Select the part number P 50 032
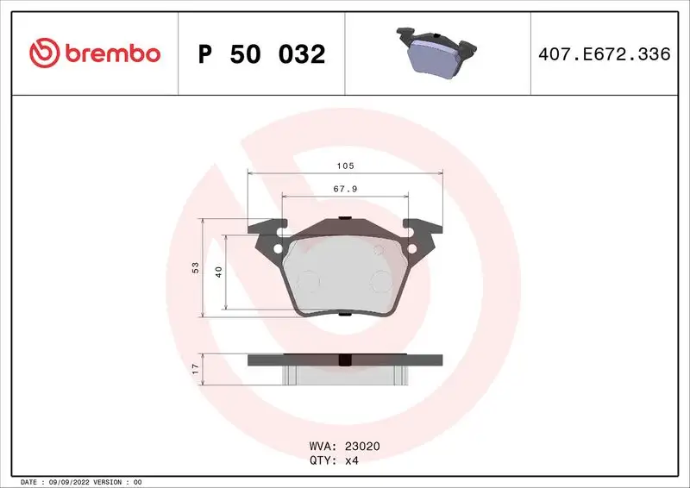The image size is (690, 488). pyautogui.click(x=261, y=54)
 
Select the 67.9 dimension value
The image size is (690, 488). pyautogui.click(x=345, y=190)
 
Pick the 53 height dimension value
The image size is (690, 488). pyautogui.click(x=196, y=268)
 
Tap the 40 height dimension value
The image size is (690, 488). pyautogui.click(x=219, y=272)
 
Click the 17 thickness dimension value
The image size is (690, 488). pyautogui.click(x=196, y=368)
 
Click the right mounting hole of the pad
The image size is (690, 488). pyautogui.click(x=412, y=251)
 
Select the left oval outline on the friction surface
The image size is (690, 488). pyautogui.click(x=306, y=279)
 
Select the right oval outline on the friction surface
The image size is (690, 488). pyautogui.click(x=381, y=279)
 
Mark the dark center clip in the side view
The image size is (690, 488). pyautogui.click(x=345, y=360)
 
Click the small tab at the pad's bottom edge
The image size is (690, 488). pyautogui.click(x=345, y=313)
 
